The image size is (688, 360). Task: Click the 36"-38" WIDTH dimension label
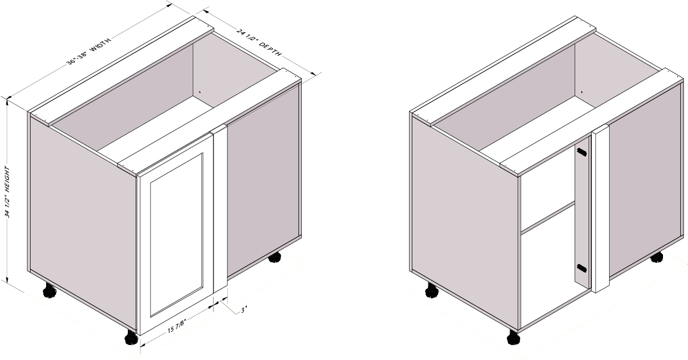pos(89,51)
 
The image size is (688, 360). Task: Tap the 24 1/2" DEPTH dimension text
pos(258,42)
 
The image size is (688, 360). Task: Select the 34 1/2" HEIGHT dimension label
pos(7,192)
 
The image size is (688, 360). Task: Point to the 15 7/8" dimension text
pos(177,327)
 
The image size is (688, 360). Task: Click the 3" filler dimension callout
pos(244,310)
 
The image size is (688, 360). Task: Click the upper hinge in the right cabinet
pos(581,152)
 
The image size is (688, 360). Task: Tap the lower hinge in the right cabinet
pos(581,268)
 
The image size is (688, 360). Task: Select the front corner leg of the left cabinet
pos(132,337)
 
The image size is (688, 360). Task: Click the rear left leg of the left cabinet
pos(50,290)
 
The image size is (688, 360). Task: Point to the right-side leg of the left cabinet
pos(275,257)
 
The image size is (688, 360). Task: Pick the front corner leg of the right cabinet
pos(513,337)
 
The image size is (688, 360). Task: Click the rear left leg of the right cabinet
pos(432,290)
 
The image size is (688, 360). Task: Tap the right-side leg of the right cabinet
pos(657,257)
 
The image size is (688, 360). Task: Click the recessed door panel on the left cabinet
pos(177,235)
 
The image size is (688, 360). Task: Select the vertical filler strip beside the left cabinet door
pos(220,209)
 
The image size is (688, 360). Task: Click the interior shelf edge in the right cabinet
pos(549,217)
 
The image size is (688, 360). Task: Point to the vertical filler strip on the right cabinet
pos(600,208)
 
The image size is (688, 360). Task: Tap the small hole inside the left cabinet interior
pos(200,92)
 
